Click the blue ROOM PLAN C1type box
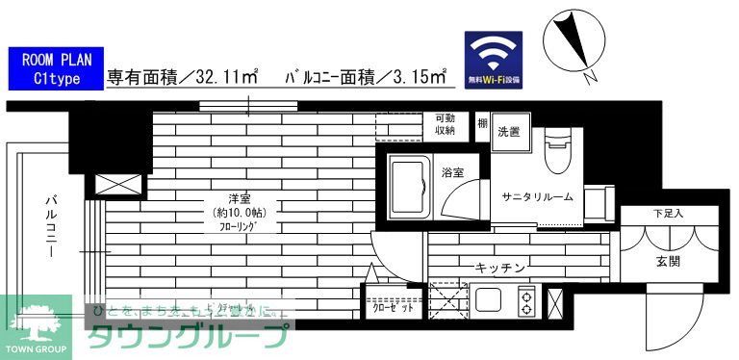(53, 69)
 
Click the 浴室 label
(452, 172)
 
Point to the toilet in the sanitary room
(558, 151)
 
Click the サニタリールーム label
(537, 196)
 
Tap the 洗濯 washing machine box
(509, 131)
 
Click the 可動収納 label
(445, 123)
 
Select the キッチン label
(498, 267)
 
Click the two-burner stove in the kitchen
(528, 302)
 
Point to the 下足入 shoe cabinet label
(668, 213)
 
